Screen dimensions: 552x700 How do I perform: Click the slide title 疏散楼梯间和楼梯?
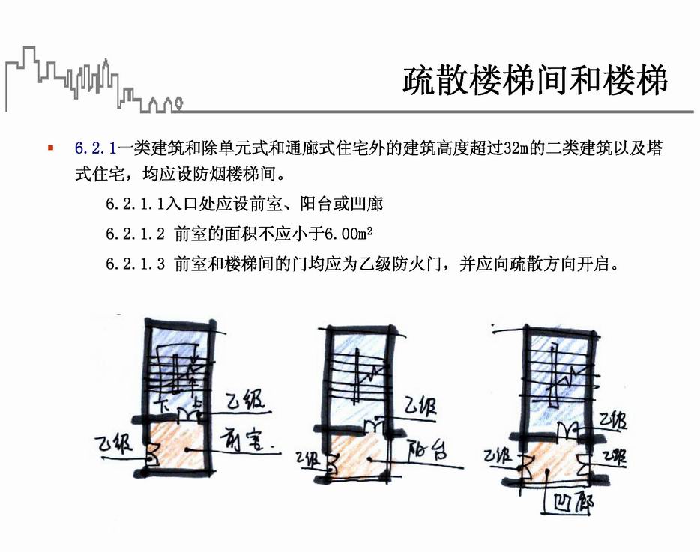click(534, 80)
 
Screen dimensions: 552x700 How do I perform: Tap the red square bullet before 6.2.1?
click(50, 148)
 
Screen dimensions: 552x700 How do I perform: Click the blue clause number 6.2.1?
click(95, 148)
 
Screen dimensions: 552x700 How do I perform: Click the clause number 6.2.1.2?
click(135, 234)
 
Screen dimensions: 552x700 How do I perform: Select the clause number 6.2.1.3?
click(135, 264)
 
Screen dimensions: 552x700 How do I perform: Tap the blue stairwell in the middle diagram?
click(357, 374)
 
